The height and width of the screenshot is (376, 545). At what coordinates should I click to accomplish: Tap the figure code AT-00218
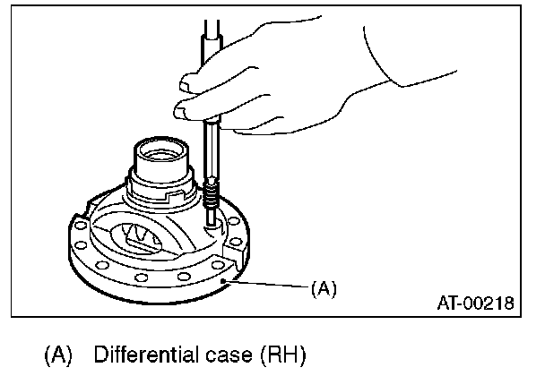[474, 304]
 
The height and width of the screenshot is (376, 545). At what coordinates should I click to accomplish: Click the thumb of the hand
[190, 82]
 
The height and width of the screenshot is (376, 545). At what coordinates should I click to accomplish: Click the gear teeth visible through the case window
[139, 235]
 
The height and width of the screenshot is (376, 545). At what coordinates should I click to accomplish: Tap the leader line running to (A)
[269, 286]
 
